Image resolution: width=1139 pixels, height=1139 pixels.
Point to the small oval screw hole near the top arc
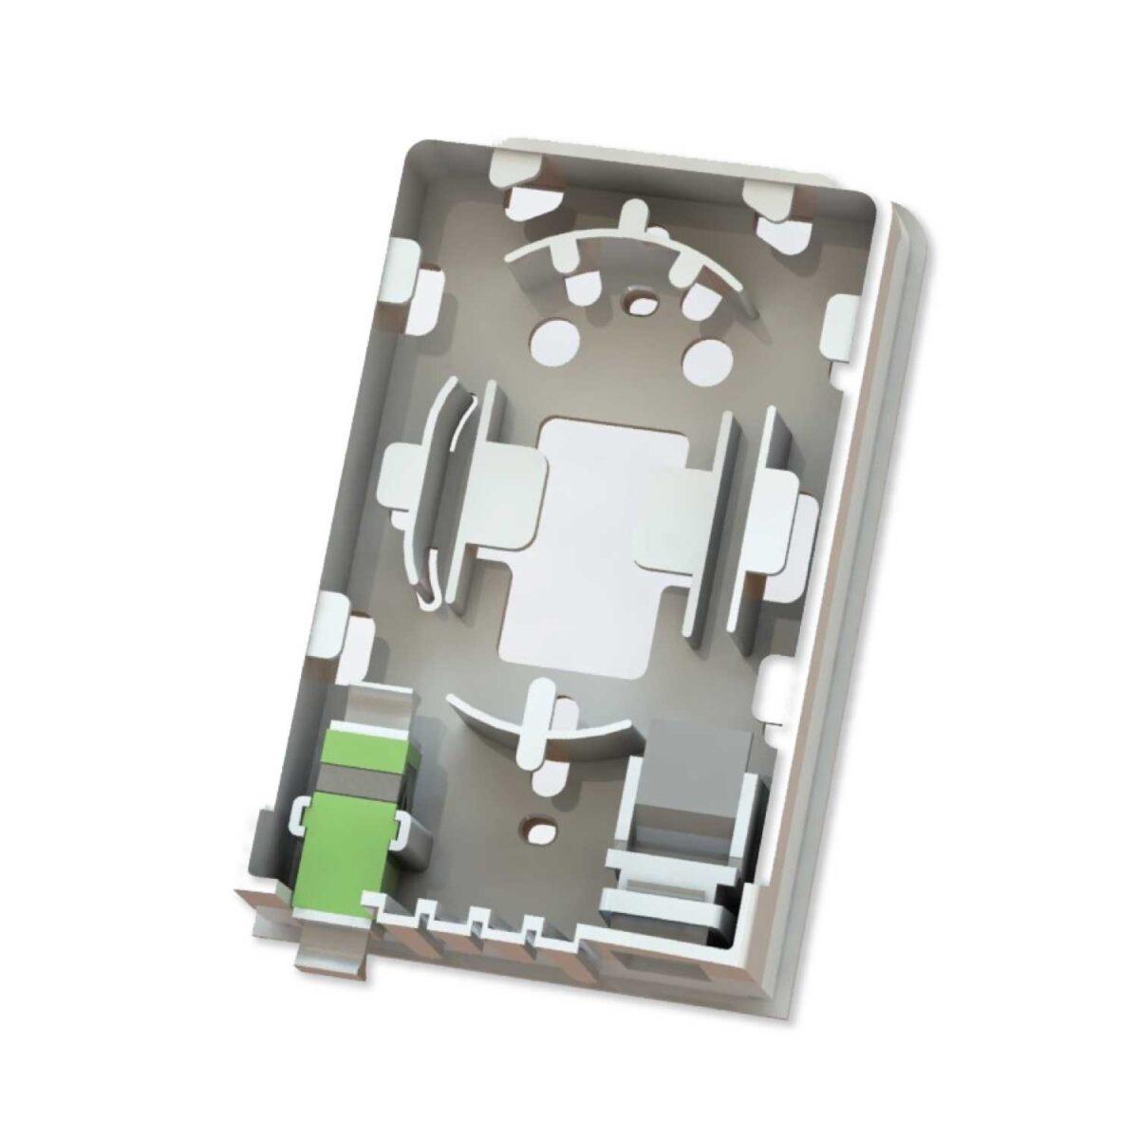645,303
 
